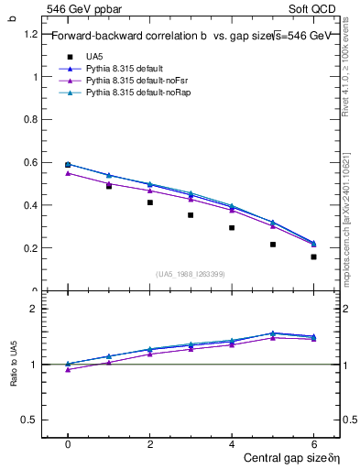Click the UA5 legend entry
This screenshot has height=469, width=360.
[94, 56]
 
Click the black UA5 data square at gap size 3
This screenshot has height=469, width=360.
[191, 215]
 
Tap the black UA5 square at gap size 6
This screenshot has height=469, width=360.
[313, 256]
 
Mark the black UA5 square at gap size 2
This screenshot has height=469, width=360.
[149, 202]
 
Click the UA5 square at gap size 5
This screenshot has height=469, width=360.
[273, 245]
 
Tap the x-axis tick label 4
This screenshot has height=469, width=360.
[232, 444]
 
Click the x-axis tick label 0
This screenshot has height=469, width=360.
[68, 444]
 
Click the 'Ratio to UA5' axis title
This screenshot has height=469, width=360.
[13, 365]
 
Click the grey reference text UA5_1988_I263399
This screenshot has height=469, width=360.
[191, 273]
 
